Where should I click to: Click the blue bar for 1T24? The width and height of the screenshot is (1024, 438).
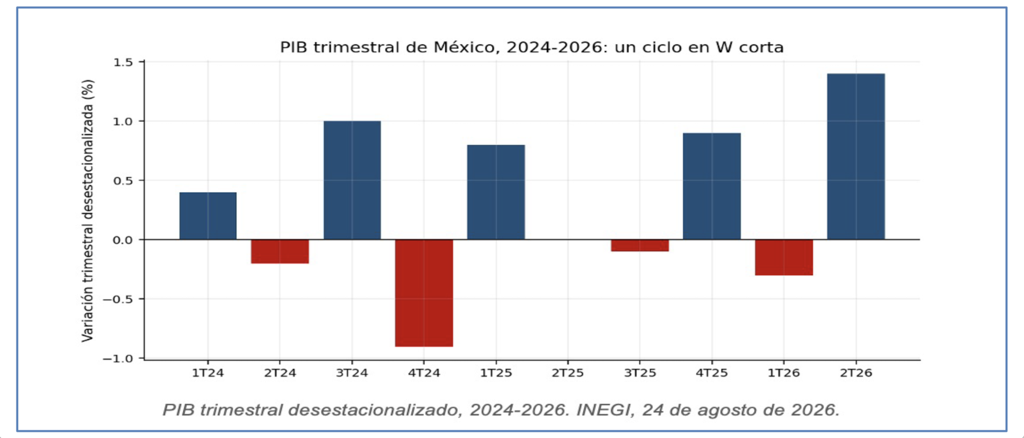(208, 216)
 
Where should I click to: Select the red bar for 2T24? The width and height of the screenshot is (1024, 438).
(280, 252)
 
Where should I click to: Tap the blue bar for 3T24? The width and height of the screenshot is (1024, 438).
(352, 180)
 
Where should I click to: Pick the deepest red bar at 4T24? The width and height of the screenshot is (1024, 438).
(424, 293)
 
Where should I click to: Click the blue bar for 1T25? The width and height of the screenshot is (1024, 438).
(496, 192)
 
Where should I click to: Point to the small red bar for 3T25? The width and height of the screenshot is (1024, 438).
(640, 246)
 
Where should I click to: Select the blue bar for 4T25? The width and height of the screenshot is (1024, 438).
(712, 186)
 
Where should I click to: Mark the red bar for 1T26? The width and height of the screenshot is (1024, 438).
(784, 258)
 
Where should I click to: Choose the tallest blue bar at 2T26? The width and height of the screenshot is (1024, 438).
(856, 156)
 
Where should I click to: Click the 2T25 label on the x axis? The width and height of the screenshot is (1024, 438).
(568, 373)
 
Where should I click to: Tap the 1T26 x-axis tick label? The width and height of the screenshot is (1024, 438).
(784, 373)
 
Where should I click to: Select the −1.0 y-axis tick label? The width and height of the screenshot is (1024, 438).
(118, 358)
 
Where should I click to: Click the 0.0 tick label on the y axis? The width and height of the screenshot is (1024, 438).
(123, 240)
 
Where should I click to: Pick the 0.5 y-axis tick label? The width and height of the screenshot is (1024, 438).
(123, 181)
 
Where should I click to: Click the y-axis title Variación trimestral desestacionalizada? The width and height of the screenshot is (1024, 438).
(88, 211)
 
